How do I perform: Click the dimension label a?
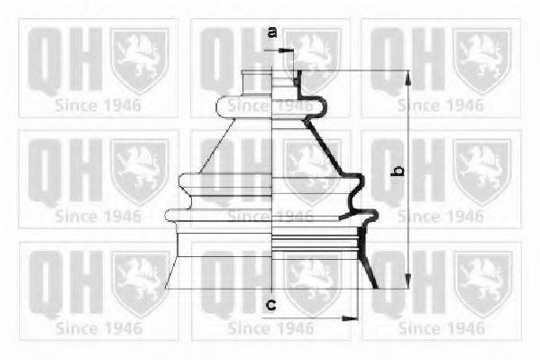272,32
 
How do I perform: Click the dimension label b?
398,170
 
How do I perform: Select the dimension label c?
271,304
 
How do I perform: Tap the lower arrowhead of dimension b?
407,281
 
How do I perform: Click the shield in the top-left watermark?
140,60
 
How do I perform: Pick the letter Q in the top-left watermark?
45,60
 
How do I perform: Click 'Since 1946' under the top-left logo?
97,106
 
